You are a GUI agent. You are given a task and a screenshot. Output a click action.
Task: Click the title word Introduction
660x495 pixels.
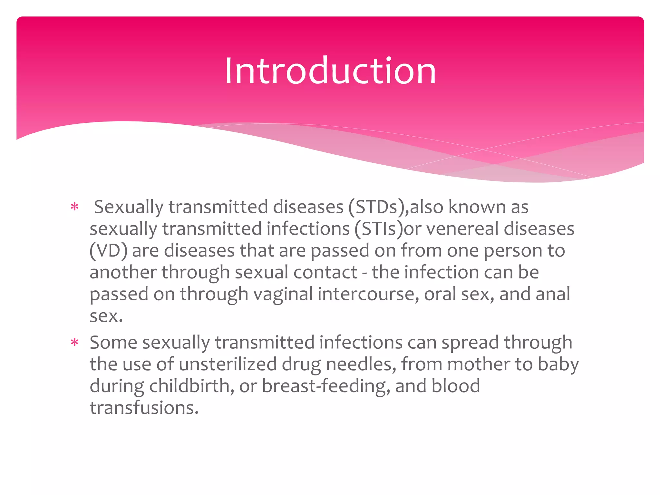(330, 71)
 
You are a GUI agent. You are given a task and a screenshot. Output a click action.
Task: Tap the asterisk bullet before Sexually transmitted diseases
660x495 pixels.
(74, 207)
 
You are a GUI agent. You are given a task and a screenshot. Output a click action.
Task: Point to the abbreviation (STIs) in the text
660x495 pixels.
(379, 229)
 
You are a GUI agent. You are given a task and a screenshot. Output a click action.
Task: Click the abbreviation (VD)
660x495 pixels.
(108, 251)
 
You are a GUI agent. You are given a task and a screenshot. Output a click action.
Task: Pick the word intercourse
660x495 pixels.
(368, 294)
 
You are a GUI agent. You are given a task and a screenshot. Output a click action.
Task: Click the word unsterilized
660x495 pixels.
(228, 364)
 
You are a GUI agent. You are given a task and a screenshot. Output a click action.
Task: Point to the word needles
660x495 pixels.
(361, 364)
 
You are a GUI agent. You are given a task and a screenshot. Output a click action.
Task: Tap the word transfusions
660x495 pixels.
(144, 408)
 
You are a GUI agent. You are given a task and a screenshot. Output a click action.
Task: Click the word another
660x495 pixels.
(123, 273)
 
